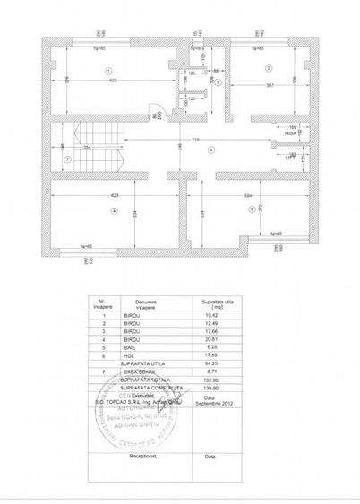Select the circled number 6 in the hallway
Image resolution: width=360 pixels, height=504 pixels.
point(210,149)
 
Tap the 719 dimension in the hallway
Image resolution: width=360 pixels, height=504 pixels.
point(195,141)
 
